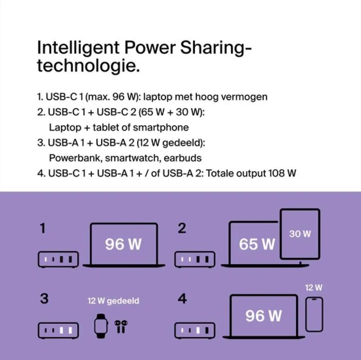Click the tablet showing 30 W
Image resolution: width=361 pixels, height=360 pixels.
tap(300, 234)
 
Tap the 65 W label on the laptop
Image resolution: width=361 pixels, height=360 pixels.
tap(257, 244)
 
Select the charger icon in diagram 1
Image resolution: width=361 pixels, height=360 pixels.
tap(58, 259)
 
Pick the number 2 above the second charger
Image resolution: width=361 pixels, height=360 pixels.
tap(182, 229)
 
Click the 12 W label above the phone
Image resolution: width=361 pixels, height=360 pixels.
tap(313, 287)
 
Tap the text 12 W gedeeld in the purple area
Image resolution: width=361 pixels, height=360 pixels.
tap(114, 301)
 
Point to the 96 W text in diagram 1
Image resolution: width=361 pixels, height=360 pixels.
tap(123, 244)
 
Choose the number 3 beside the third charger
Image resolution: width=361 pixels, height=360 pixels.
tap(44, 299)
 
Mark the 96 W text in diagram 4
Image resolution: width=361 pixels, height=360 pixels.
tap(264, 316)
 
